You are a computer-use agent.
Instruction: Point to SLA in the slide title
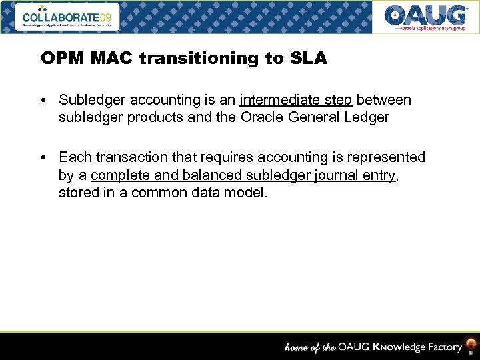pos(308,59)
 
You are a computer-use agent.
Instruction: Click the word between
pos(383,100)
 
